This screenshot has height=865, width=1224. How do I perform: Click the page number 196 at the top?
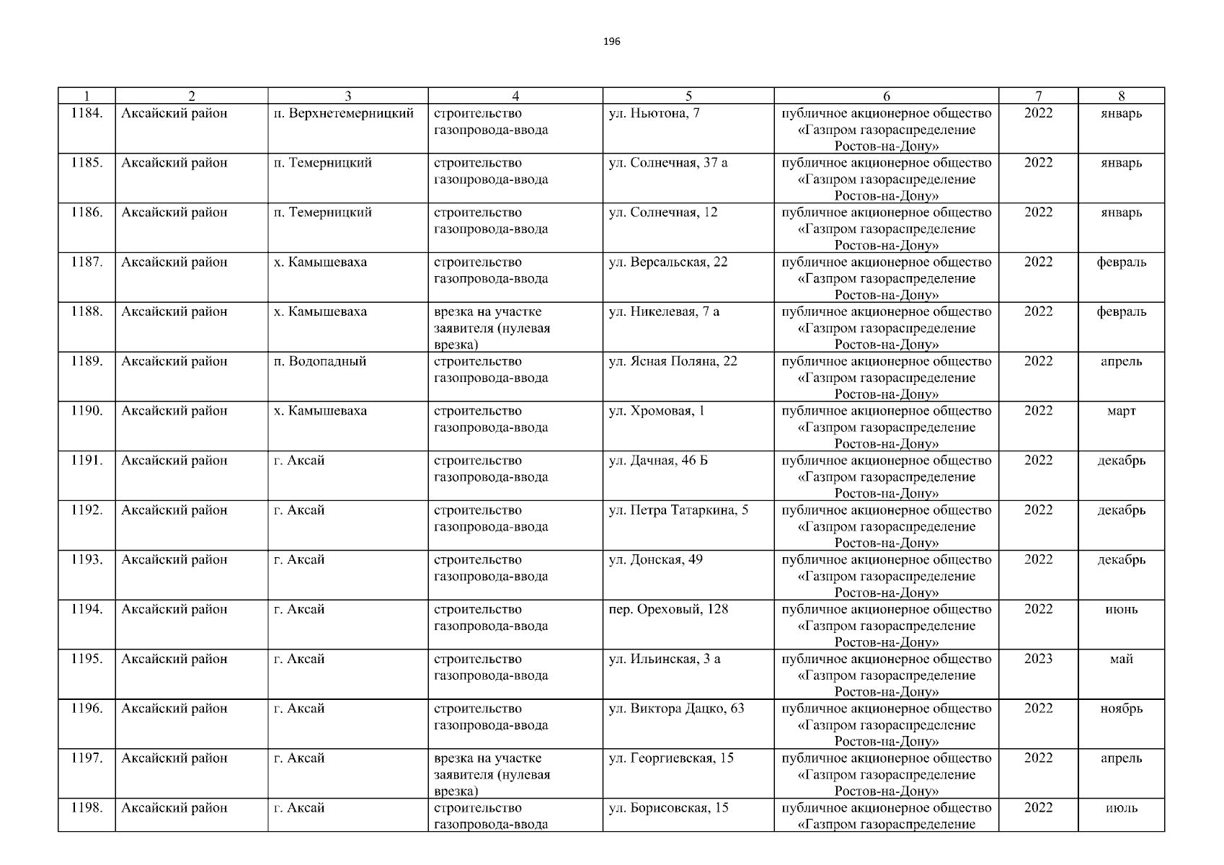611,41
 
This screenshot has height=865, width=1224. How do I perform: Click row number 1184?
87,113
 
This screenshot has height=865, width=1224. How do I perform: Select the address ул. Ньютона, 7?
654,113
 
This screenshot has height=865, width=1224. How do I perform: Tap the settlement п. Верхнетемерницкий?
344,113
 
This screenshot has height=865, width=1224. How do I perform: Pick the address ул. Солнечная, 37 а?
668,163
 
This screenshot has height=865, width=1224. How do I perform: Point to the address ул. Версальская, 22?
668,262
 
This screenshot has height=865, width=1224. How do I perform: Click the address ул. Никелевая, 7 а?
664,312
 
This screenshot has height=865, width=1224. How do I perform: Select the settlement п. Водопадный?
320,362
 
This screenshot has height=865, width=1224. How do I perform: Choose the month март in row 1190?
1121,412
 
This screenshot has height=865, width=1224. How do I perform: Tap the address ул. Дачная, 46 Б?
658,461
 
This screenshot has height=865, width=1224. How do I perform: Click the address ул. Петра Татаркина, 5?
678,510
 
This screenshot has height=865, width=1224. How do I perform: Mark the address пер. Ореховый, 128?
668,610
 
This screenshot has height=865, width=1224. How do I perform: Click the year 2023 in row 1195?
1038,659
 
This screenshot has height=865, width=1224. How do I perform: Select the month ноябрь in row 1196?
1121,709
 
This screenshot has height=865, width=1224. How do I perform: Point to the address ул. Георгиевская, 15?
671,758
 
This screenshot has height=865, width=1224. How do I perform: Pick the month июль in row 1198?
1121,808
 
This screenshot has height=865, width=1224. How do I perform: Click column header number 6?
886,96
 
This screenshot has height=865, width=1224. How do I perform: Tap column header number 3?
347,96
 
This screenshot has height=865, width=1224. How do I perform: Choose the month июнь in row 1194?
1121,610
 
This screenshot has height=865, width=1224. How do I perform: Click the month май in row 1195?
1121,660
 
